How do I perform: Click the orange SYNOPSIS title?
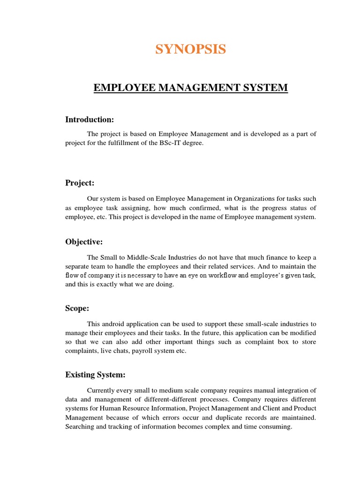(x=190, y=49)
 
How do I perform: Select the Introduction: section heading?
(x=90, y=120)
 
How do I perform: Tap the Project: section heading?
(x=80, y=183)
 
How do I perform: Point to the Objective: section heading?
(x=84, y=242)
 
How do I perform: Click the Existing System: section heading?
(x=96, y=375)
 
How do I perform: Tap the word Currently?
(x=101, y=390)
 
